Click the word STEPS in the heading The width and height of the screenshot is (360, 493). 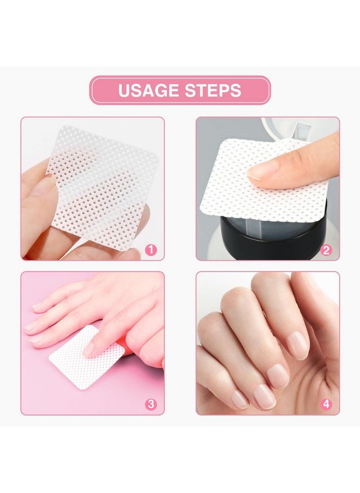pyautogui.click(x=213, y=90)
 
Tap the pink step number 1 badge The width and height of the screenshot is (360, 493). pyautogui.click(x=151, y=250)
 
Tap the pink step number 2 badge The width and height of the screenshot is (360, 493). pyautogui.click(x=326, y=250)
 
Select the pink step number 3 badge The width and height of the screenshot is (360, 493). pyautogui.click(x=151, y=404)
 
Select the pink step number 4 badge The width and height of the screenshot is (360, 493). pyautogui.click(x=326, y=404)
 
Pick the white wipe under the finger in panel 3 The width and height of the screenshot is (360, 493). pyautogui.click(x=71, y=363)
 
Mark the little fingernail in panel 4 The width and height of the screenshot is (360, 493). pyautogui.click(x=239, y=399)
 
